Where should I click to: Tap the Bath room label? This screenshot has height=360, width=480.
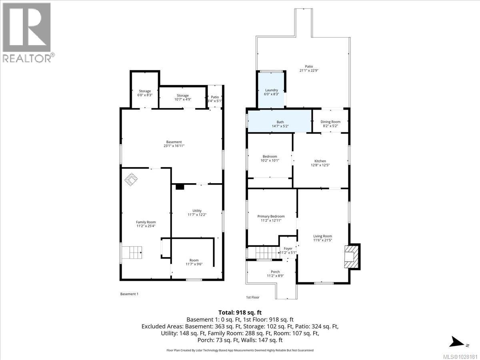pyautogui.click(x=280, y=124)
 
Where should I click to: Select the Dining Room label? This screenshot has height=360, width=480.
pyautogui.click(x=330, y=124)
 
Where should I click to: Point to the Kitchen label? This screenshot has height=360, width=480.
pyautogui.click(x=320, y=163)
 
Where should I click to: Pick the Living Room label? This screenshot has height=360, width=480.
pyautogui.click(x=322, y=238)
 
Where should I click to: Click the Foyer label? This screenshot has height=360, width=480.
pyautogui.click(x=288, y=250)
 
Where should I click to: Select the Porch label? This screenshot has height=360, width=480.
pyautogui.click(x=275, y=274)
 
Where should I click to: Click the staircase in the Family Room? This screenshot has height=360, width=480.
pyautogui.click(x=132, y=253)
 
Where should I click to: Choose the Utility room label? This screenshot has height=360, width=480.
pyautogui.click(x=197, y=213)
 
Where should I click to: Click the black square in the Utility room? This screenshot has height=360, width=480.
pyautogui.click(x=179, y=186)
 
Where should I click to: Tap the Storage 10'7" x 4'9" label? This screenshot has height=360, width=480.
pyautogui.click(x=183, y=97)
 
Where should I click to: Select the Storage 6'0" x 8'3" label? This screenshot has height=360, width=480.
pyautogui.click(x=145, y=93)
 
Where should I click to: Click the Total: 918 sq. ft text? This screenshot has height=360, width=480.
pyautogui.click(x=240, y=312)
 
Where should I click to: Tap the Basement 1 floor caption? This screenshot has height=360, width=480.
pyautogui.click(x=129, y=294)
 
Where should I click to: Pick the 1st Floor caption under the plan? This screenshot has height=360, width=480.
pyautogui.click(x=253, y=297)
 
